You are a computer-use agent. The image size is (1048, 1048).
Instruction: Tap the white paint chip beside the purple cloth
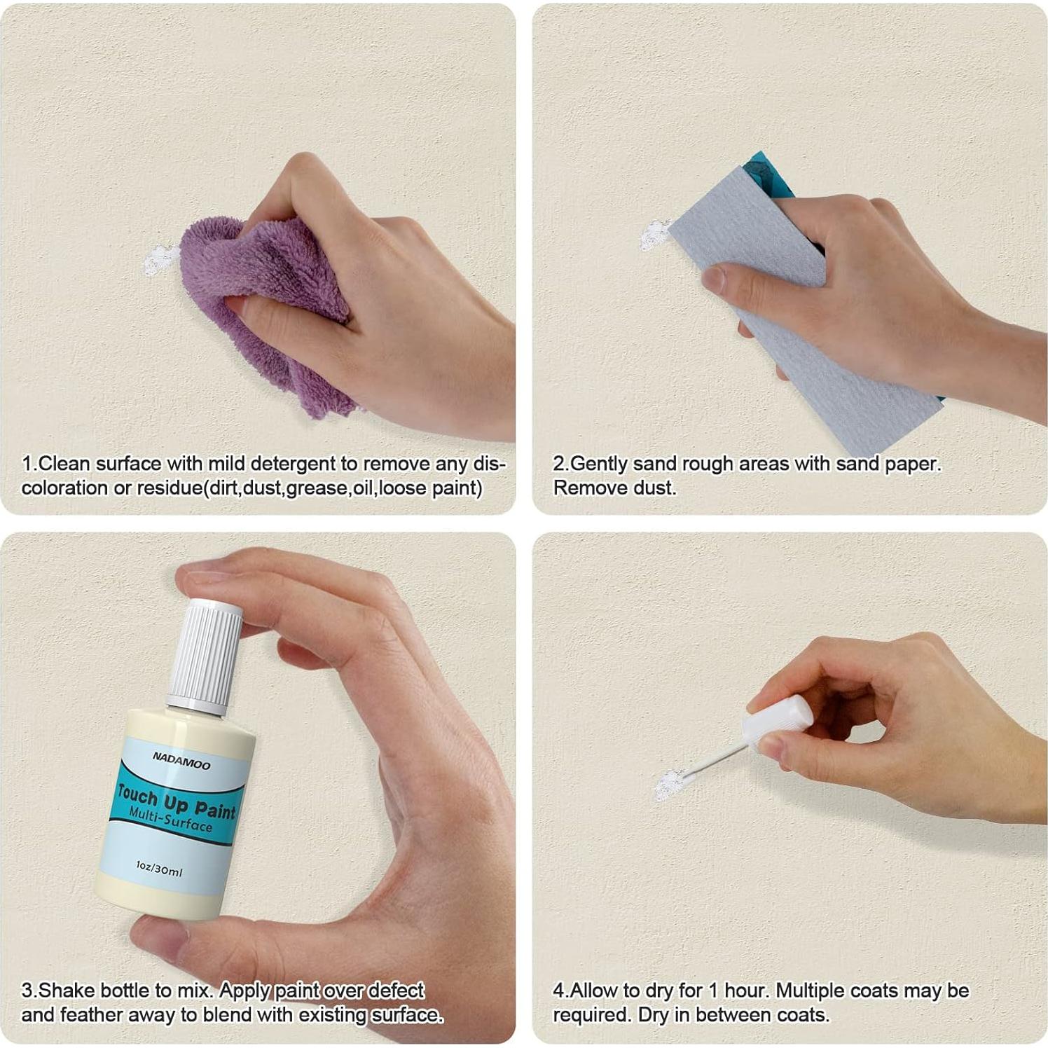tap(159, 259)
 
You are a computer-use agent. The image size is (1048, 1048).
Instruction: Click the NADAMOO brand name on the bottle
tap(181, 761)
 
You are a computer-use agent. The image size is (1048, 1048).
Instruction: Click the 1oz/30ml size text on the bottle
tap(159, 869)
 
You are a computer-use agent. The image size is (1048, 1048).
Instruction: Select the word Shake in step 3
tap(67, 991)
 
